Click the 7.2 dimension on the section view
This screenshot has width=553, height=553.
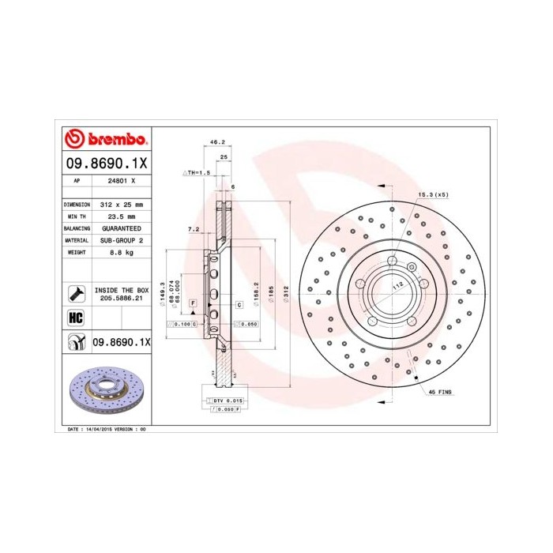194,229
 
